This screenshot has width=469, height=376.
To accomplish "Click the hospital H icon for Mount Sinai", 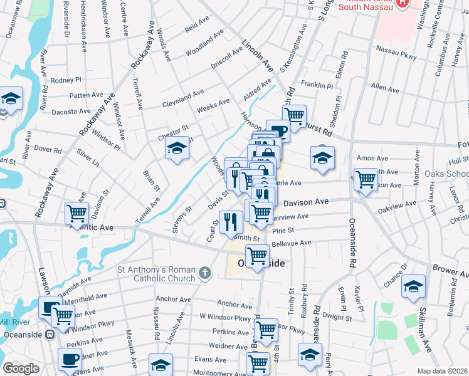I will [x=403, y=3].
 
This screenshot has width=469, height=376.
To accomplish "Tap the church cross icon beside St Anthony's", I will [x=204, y=273].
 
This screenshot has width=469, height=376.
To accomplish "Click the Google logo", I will [x=21, y=368].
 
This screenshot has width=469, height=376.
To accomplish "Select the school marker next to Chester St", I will [x=177, y=149].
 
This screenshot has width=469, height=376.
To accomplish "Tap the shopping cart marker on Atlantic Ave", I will [x=76, y=213].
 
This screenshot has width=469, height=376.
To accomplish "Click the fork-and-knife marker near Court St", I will [x=230, y=221].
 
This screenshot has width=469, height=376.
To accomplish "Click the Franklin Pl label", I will [x=317, y=85].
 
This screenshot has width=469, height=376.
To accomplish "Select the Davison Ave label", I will [x=306, y=202].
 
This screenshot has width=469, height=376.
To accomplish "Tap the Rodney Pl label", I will [x=66, y=80].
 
